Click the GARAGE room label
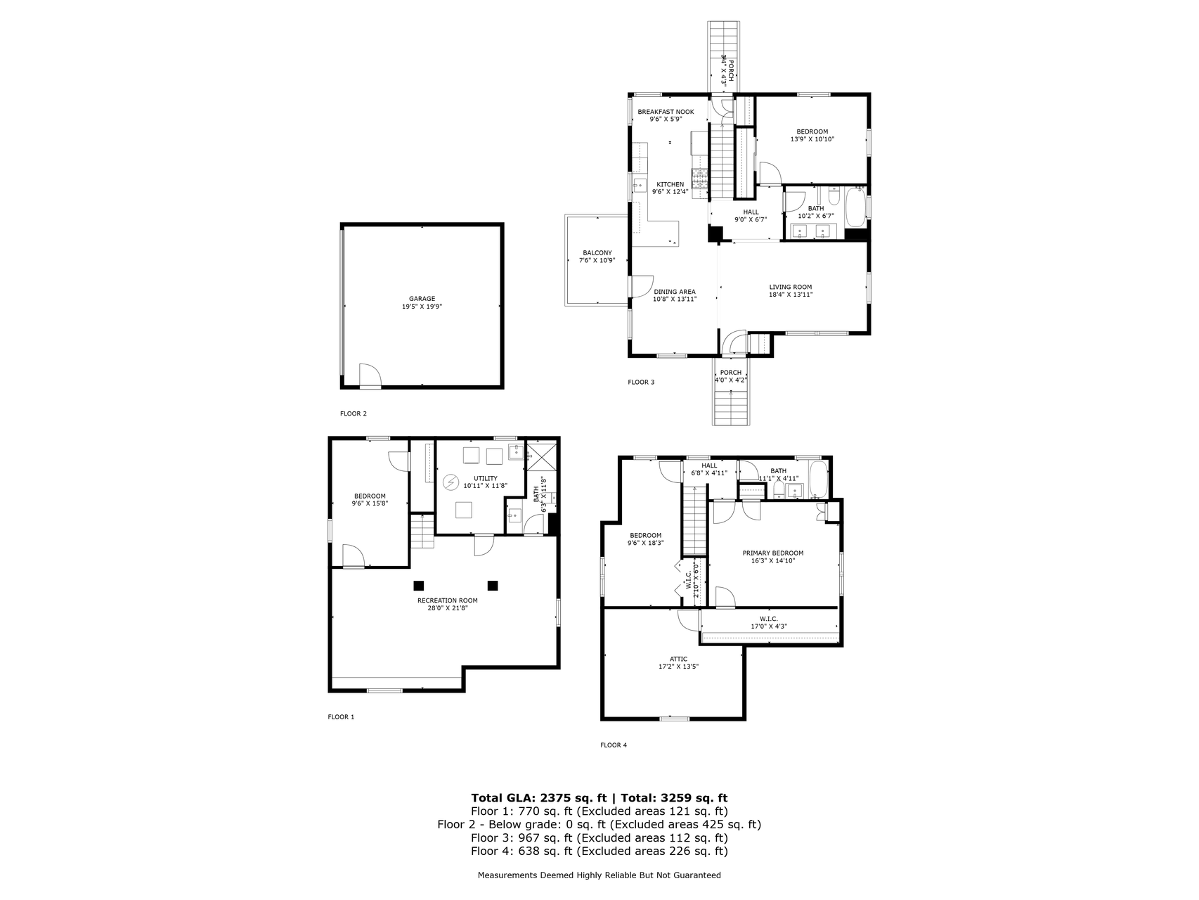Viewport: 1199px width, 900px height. [x=422, y=299]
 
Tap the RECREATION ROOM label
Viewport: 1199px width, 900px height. [x=448, y=600]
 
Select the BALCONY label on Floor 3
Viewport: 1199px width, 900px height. [x=597, y=253]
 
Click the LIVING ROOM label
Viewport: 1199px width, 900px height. [x=791, y=287]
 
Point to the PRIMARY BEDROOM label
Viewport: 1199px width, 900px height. [x=773, y=553]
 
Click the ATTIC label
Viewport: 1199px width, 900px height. [x=679, y=659]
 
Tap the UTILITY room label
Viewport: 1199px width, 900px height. [x=485, y=478]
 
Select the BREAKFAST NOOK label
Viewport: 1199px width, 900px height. [x=666, y=112]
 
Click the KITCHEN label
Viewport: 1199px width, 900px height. [x=670, y=184]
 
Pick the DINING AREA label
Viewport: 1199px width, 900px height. [x=675, y=292]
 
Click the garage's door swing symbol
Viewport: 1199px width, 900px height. [x=370, y=375]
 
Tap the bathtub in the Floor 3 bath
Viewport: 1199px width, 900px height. [x=854, y=208]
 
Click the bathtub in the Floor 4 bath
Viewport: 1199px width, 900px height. [x=818, y=478]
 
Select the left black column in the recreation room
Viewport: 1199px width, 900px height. [x=419, y=585]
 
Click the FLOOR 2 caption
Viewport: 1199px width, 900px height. [x=354, y=413]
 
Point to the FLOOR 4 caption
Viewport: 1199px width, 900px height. [x=614, y=745]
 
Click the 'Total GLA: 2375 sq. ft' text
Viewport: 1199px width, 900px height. [x=539, y=797]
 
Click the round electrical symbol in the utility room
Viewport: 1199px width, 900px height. [x=450, y=482]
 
